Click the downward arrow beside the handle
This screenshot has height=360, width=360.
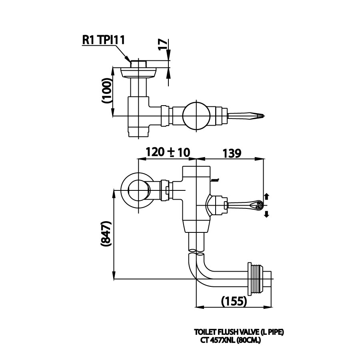coord(267,214)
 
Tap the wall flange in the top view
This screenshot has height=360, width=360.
coord(138,72)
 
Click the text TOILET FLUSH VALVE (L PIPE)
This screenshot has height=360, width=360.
coord(239,332)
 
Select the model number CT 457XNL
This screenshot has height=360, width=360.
coord(217,341)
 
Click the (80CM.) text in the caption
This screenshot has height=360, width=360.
coord(248,341)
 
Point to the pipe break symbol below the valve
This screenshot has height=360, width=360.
coord(196,252)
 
